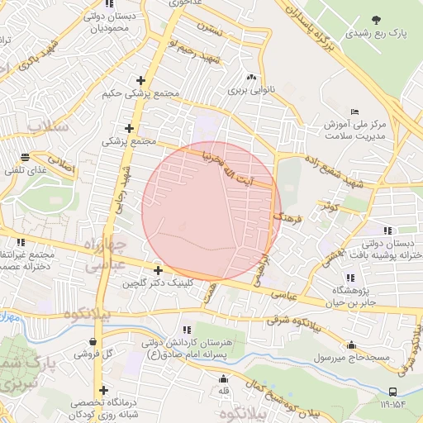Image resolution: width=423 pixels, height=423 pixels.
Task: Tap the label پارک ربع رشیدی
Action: (378, 34)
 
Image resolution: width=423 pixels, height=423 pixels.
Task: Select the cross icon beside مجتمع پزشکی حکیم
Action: (141, 81)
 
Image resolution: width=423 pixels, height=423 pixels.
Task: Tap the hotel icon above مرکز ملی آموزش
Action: (355, 112)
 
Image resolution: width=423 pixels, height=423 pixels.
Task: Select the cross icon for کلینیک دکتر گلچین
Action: (158, 269)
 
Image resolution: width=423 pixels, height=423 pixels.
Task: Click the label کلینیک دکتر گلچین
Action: (157, 283)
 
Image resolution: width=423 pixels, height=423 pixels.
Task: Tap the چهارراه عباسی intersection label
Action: (105, 255)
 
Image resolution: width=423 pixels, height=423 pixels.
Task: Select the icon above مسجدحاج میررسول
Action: (353, 345)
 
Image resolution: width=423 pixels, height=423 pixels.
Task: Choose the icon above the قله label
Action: (223, 379)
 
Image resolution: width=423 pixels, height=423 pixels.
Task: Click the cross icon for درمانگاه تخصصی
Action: (103, 391)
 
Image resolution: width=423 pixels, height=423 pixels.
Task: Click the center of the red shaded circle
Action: (211, 210)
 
